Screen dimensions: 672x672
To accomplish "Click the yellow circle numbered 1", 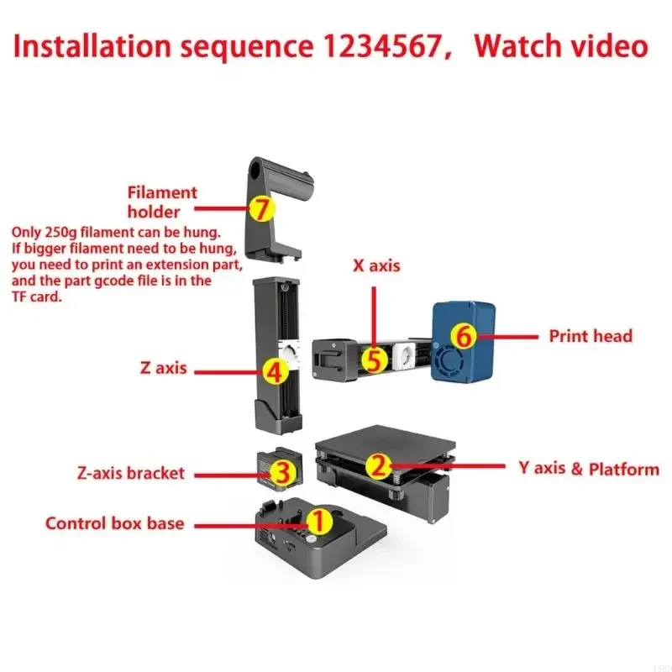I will click(x=318, y=521).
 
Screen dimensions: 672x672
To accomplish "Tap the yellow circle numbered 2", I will click(x=379, y=465).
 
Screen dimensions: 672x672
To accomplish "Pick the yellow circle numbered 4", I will click(x=274, y=369).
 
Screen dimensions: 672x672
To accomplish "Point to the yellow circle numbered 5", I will click(x=375, y=360).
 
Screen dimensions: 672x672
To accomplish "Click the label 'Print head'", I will click(x=591, y=336).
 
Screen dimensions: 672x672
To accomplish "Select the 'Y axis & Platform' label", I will click(x=588, y=469).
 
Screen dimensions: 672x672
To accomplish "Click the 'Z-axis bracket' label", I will click(x=129, y=472).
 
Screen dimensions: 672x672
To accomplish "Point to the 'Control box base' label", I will click(x=114, y=523).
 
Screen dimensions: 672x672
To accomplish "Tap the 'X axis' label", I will click(x=375, y=265).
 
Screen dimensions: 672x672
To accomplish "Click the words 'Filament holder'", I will click(x=161, y=202).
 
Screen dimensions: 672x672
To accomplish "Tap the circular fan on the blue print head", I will click(x=450, y=363).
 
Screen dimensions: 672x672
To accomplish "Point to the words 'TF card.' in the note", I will click(x=37, y=296).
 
